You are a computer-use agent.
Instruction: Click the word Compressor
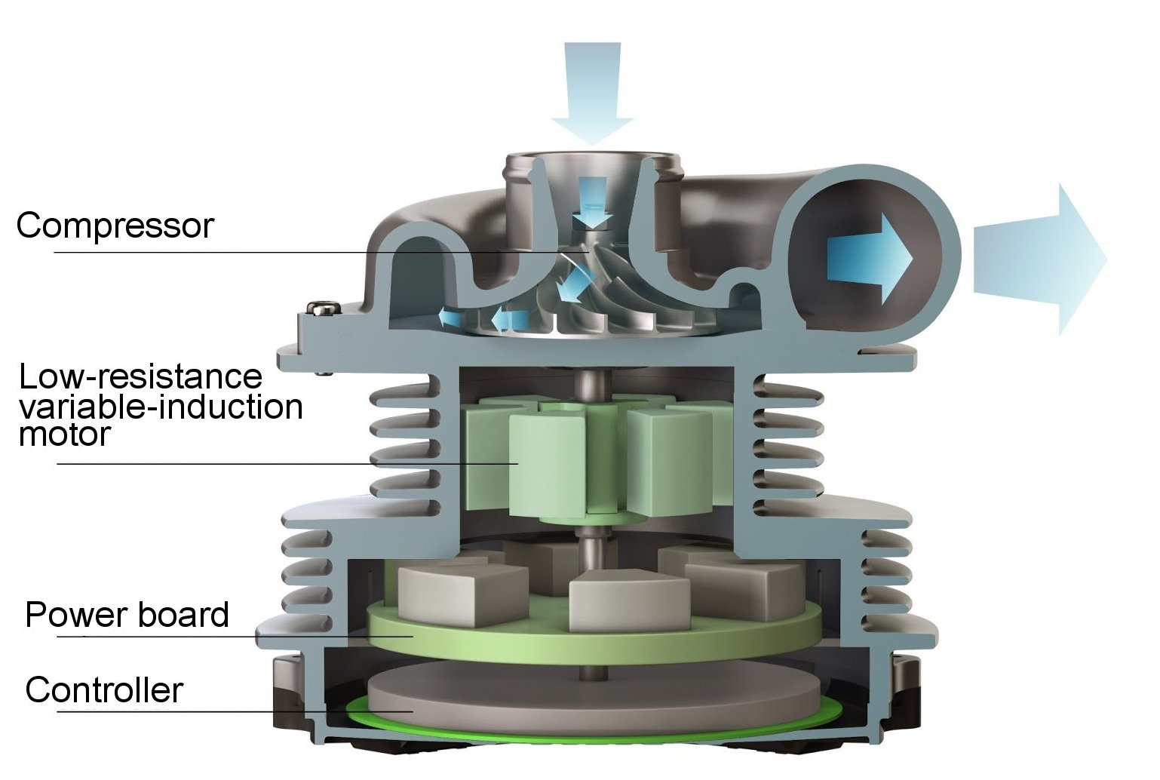click(115, 226)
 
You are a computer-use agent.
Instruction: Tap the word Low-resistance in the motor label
click(140, 376)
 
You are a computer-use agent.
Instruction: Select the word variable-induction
click(161, 407)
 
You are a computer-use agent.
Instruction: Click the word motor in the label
click(65, 434)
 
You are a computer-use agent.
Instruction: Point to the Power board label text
click(127, 615)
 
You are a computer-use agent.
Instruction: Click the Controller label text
click(104, 690)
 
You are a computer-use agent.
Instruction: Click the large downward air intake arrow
click(592, 94)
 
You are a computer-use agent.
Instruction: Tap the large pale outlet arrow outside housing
click(1040, 259)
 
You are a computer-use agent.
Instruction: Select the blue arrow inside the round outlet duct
click(870, 259)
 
